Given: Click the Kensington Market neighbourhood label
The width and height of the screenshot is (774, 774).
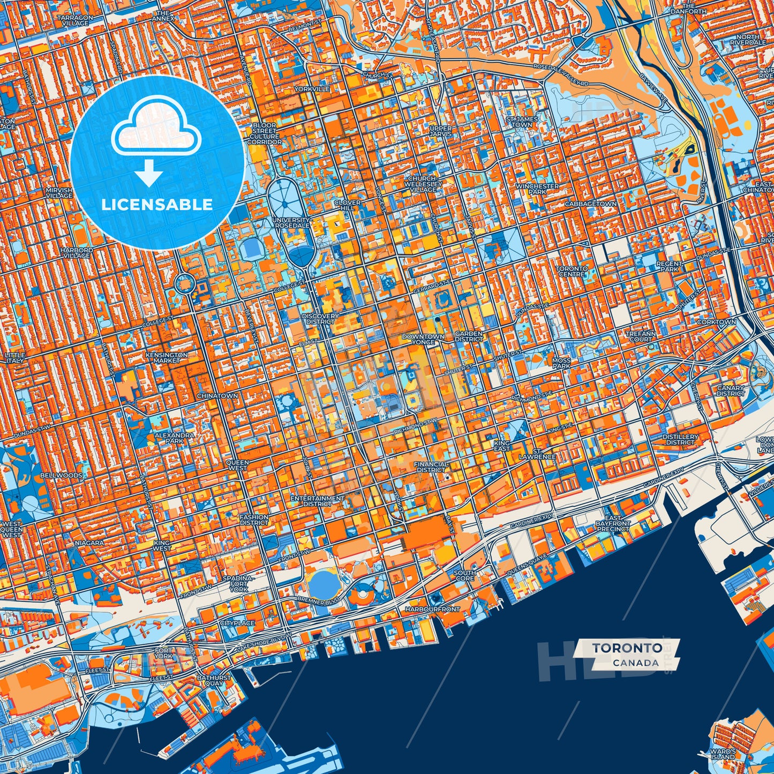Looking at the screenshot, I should (x=167, y=357).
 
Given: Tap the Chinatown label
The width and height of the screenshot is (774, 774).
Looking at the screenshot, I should (x=217, y=396).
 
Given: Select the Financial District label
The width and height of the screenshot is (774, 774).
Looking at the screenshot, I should (x=432, y=467).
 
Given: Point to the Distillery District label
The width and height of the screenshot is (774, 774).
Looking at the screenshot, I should (x=680, y=439).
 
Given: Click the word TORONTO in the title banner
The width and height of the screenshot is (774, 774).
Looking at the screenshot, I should (x=627, y=648).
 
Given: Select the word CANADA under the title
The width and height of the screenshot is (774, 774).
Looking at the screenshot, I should (x=636, y=663).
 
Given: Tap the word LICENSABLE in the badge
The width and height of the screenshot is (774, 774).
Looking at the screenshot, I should (x=157, y=204).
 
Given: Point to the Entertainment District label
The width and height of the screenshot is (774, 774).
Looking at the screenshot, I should (x=317, y=501).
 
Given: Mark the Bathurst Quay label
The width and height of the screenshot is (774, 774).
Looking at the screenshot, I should (x=214, y=680).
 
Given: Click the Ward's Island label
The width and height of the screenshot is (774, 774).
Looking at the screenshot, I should (x=723, y=754).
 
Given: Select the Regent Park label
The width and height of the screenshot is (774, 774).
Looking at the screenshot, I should (x=669, y=266).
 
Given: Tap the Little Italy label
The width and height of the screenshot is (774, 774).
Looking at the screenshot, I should (x=14, y=358).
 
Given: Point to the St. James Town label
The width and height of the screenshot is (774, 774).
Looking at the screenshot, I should (x=522, y=122).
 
